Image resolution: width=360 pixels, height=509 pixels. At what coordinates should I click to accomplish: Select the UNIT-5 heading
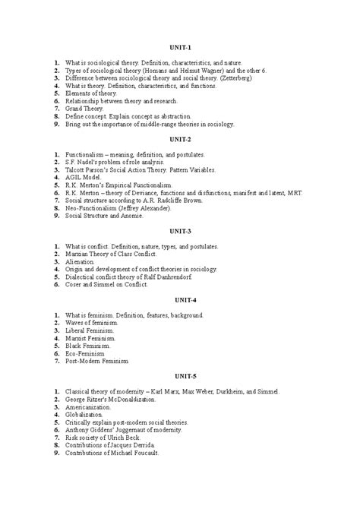[180, 376]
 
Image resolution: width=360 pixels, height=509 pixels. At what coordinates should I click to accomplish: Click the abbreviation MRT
[292, 193]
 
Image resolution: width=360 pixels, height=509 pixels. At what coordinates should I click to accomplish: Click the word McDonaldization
[137, 400]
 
